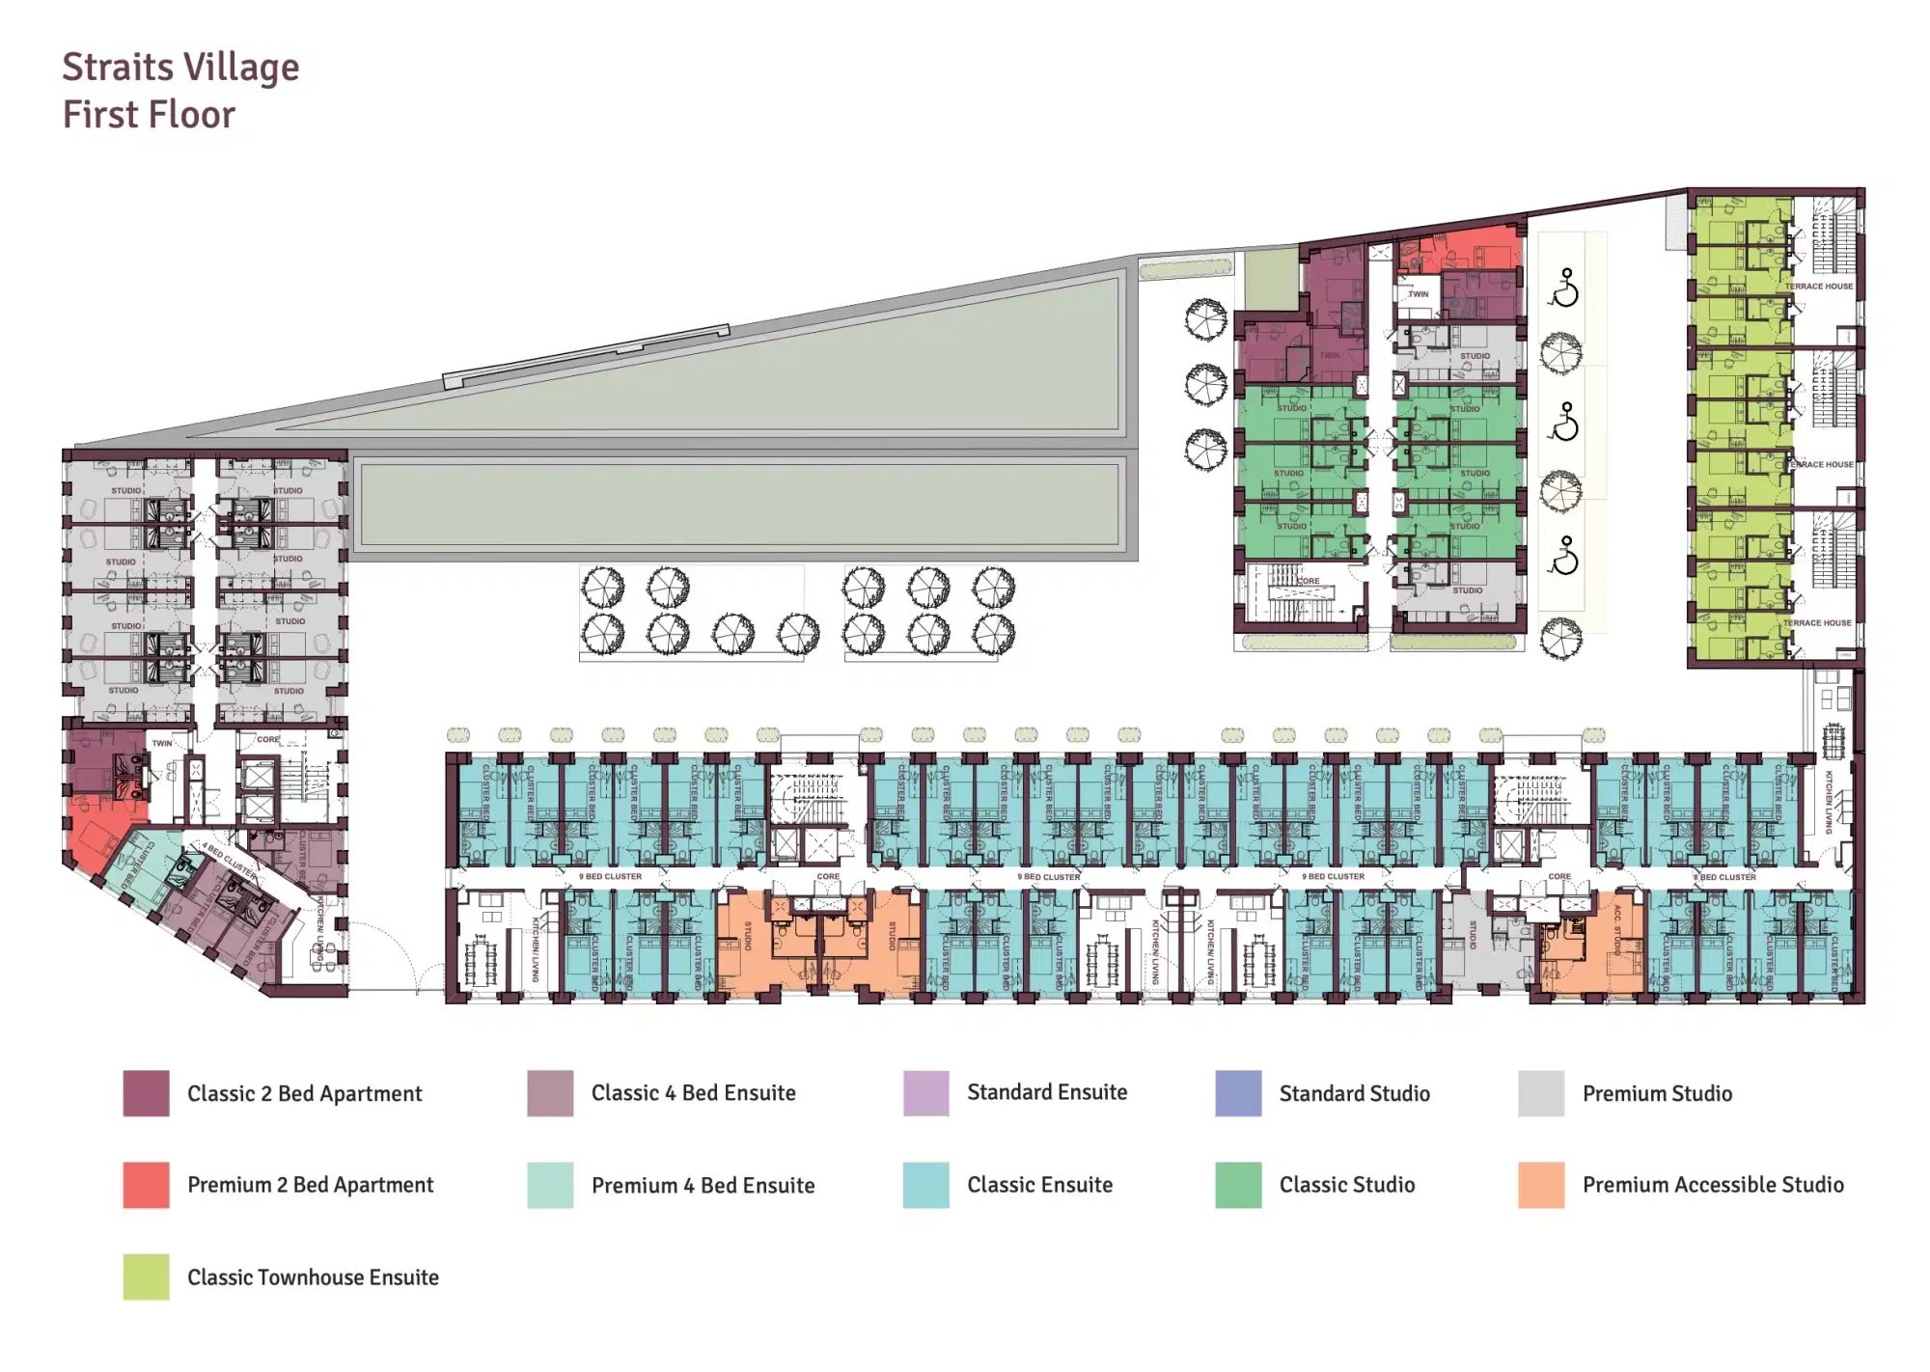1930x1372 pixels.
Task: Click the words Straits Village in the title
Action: (180, 68)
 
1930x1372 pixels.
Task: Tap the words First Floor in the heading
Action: (149, 115)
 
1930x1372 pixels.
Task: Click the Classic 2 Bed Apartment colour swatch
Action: (146, 1093)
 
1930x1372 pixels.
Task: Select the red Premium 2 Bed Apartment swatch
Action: (146, 1185)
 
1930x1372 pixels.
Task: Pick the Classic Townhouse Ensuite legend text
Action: (313, 1277)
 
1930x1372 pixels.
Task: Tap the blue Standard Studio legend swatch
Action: (1238, 1093)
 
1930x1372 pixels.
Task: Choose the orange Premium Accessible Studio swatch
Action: (1541, 1185)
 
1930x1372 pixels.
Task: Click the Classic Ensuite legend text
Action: (1039, 1185)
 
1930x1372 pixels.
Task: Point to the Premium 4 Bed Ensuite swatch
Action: (550, 1185)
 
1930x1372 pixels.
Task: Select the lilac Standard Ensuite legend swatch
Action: (925, 1093)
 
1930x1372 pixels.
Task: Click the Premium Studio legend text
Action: (1657, 1093)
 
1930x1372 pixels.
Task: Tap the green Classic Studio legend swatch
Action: (1238, 1185)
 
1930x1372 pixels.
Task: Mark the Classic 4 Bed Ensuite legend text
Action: (693, 1093)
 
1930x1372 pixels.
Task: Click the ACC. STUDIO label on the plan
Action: (1617, 929)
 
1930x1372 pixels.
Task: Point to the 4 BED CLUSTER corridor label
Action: (229, 860)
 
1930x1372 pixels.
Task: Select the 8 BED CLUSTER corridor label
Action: (1724, 877)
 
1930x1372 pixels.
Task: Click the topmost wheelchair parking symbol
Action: (1564, 288)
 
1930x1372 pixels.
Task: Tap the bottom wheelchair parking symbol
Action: (1564, 556)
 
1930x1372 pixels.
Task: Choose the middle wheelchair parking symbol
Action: (1564, 422)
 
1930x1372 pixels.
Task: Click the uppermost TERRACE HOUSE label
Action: (1818, 287)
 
